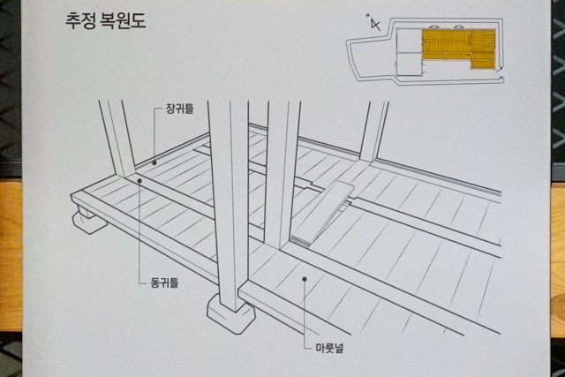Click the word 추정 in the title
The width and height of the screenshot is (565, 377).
pos(80,20)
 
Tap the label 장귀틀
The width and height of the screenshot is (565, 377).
pos(179,109)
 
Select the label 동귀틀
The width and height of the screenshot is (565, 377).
pos(164,283)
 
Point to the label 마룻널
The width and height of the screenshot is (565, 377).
pos(329,348)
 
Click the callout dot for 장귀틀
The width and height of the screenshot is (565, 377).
pos(154,162)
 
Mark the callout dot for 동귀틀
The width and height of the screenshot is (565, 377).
pos(139,181)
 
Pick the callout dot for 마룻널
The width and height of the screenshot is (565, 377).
pos(305,279)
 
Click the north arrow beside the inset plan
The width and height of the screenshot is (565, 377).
pos(374,23)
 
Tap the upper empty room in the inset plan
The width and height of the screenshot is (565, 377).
pos(409,41)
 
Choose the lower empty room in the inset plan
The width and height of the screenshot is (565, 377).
pos(409,64)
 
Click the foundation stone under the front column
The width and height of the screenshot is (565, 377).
pos(230,314)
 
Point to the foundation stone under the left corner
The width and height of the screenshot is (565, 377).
pos(88,220)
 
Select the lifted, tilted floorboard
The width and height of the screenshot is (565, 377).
pos(321,214)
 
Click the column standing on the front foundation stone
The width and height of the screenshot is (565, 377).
pos(230,206)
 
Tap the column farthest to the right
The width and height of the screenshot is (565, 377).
pos(374,132)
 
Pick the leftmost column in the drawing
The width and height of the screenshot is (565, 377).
pos(117,139)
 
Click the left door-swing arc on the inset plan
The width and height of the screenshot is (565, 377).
pos(433,26)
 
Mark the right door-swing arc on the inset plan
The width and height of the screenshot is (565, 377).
pos(459,26)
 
